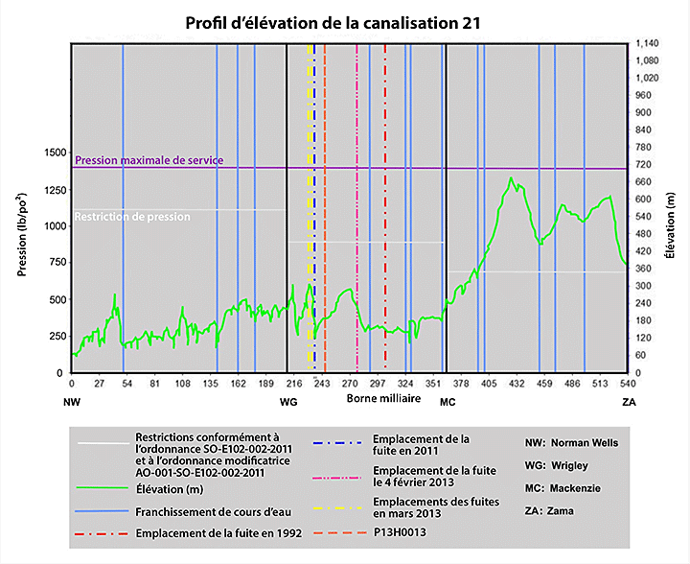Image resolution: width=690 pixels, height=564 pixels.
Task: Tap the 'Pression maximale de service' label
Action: pos(149,160)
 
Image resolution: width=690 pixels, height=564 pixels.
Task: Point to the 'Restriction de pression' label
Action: pos(132,217)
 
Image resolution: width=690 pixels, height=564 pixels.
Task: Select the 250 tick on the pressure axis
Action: pos(57,336)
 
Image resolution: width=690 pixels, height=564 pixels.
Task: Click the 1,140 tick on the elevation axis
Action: pos(649,43)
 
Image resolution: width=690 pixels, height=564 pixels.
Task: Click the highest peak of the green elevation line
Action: pos(512,177)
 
